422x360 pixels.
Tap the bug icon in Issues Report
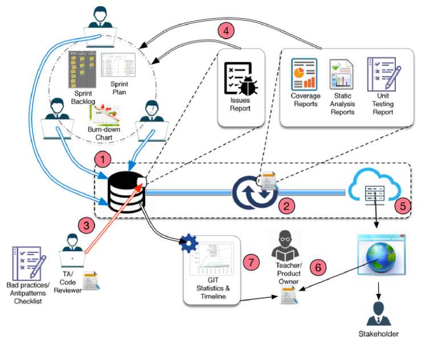point(248,87)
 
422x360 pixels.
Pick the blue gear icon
point(189,243)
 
